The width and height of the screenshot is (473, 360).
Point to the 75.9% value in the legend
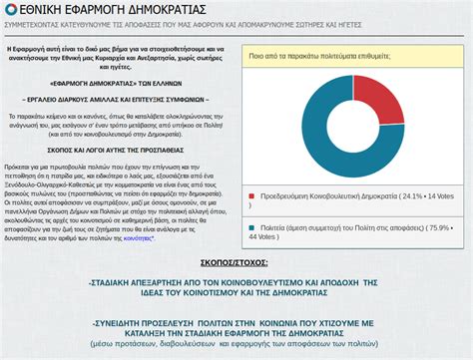pyautogui.click(x=438, y=226)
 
